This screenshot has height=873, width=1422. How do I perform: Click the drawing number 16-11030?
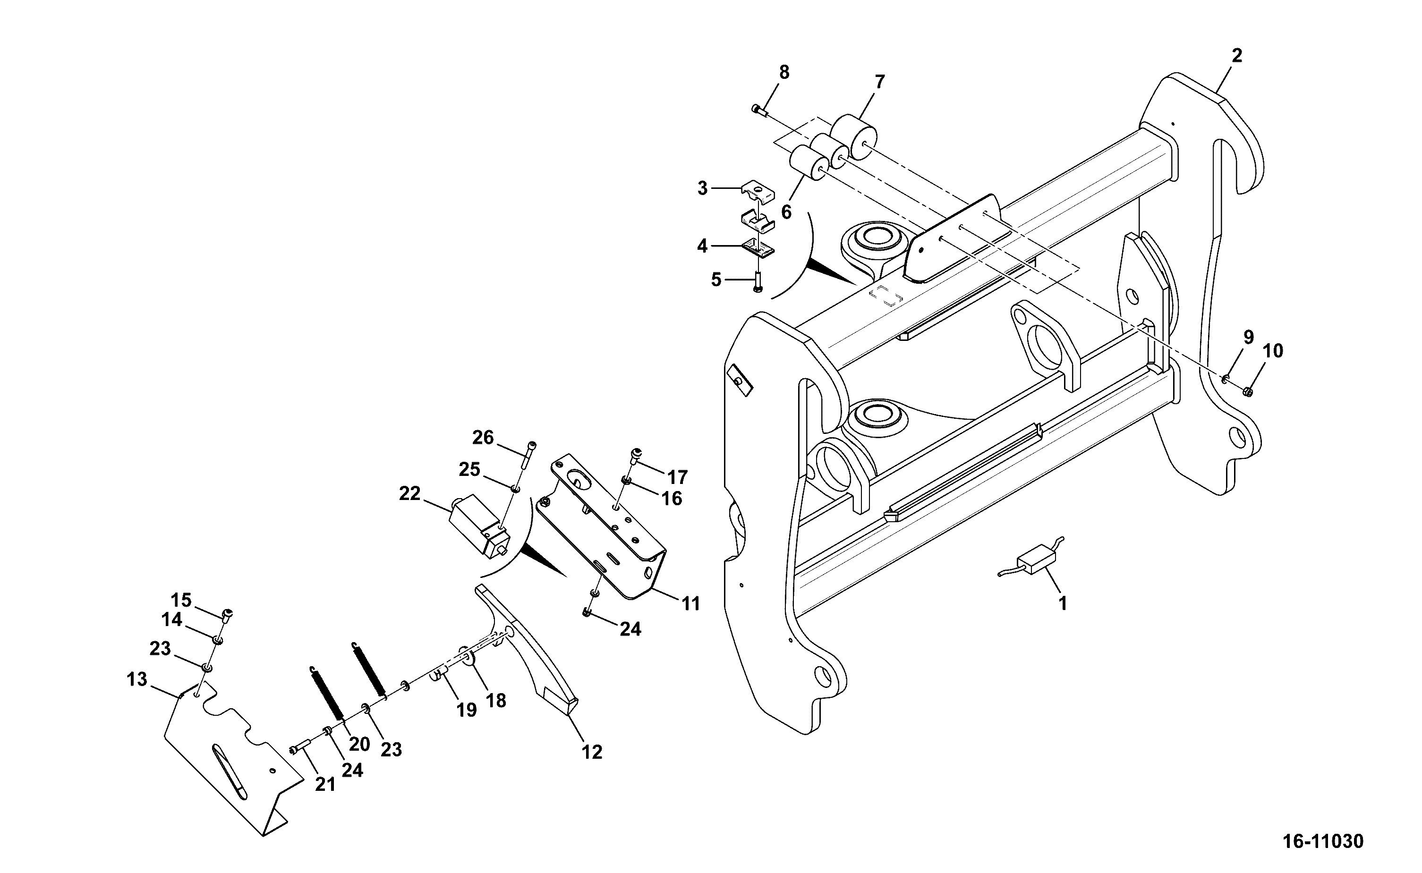[x=1323, y=841]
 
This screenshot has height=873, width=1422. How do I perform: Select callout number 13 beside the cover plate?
[x=137, y=679]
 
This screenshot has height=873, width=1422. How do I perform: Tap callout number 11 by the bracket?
[x=690, y=604]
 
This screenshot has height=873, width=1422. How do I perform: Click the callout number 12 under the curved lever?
[x=592, y=751]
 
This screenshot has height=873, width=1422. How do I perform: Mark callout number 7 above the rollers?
[x=879, y=82]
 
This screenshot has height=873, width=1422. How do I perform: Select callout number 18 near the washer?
[x=496, y=700]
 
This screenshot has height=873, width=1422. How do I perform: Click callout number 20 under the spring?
[x=359, y=744]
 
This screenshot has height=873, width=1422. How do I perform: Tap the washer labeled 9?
[x=1224, y=378]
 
